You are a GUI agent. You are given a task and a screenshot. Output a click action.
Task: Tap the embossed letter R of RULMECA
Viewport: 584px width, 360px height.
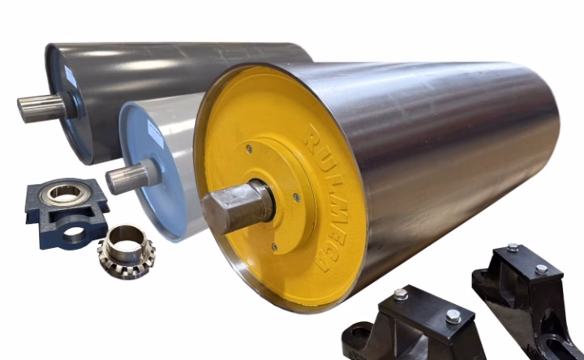[x=313, y=137]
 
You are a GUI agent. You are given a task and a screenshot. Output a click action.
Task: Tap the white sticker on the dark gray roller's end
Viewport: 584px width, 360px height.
[x=71, y=77]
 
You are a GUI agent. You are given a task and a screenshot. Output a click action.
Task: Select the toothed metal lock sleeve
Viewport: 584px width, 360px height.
[x=127, y=251]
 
